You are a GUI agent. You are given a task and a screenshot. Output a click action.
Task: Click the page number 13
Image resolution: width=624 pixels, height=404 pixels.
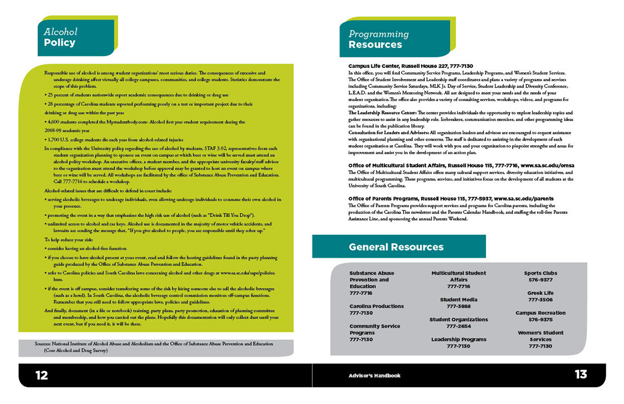pos(580,374)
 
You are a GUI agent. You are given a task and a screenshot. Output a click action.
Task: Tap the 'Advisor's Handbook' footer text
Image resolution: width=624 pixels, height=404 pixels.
pos(374,375)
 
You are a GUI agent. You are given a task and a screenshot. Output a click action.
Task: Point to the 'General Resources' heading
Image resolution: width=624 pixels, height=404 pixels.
pos(396,247)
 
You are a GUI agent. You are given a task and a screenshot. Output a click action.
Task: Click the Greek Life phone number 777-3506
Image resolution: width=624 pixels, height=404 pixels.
pos(540,300)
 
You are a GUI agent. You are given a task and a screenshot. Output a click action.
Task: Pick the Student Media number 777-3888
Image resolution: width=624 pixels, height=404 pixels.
pos(458,307)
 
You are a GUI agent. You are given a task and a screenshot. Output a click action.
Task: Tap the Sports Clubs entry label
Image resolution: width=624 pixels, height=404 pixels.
pos(540,273)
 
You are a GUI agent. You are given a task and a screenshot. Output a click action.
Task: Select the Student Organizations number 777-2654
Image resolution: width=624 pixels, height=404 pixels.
pos(458,326)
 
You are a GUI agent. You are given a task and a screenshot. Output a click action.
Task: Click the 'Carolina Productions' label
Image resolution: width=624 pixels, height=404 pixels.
pos(376,306)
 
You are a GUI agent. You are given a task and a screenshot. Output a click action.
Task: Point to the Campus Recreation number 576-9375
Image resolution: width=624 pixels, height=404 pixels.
pos(540,320)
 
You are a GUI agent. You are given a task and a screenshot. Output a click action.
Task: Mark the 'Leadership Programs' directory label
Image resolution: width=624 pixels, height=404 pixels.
pos(458,339)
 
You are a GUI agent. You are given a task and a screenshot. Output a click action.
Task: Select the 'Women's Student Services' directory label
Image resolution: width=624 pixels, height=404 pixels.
pos(540,336)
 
